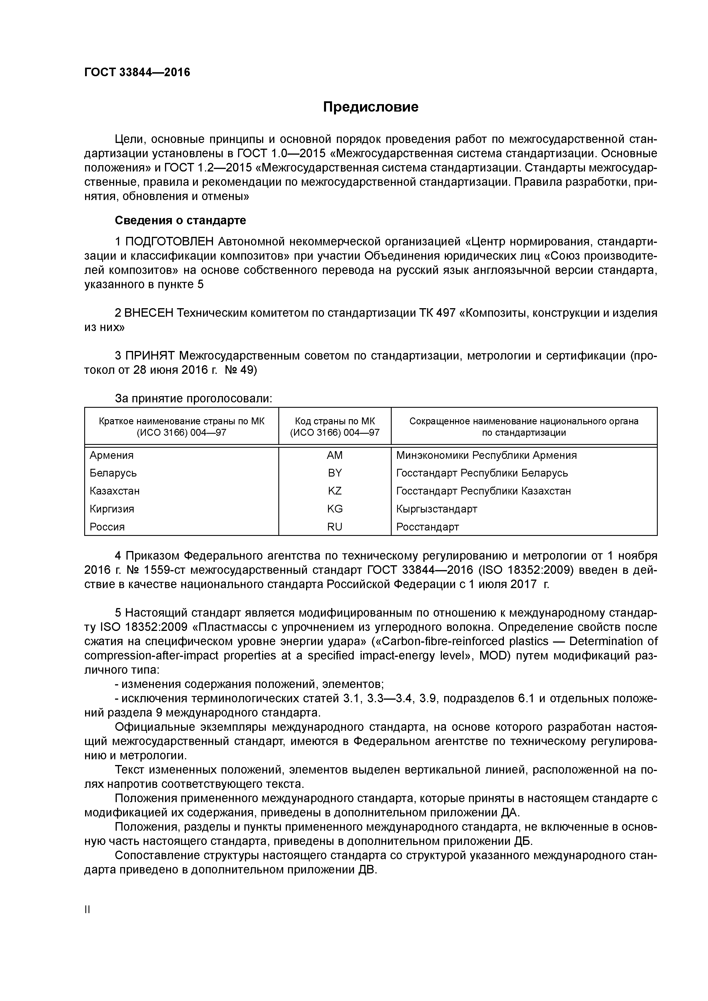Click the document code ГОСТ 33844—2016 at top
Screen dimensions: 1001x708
[x=137, y=72]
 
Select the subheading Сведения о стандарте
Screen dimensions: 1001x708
[x=180, y=220]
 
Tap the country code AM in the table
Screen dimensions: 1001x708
[x=335, y=455]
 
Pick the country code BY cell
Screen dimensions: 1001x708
[x=335, y=473]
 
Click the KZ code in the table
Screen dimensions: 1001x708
[x=335, y=491]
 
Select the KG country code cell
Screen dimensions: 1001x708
[x=335, y=509]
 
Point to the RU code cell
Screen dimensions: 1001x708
[x=335, y=527]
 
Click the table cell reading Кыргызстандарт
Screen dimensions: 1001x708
[x=437, y=509]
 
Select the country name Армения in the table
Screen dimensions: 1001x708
[x=112, y=455]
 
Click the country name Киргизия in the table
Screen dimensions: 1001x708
[x=112, y=509]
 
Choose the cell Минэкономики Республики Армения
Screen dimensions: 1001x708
[x=486, y=455]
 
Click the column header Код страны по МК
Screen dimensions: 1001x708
[x=335, y=421]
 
